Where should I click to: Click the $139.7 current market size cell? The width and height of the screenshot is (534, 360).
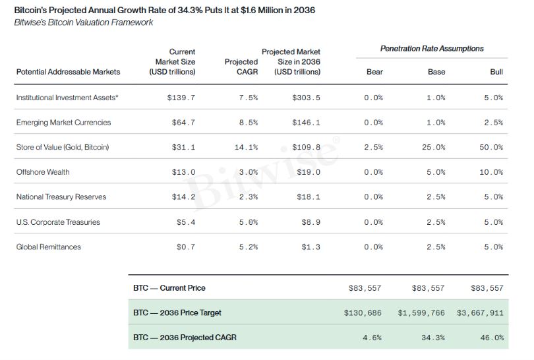pyautogui.click(x=181, y=98)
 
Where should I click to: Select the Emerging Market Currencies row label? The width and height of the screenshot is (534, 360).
pyautogui.click(x=64, y=123)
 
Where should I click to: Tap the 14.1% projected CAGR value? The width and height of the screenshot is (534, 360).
pyautogui.click(x=246, y=148)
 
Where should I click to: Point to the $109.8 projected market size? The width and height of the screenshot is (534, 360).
pyautogui.click(x=306, y=148)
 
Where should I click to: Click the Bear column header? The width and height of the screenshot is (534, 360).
pyautogui.click(x=374, y=72)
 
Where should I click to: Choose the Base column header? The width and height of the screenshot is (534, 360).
pyautogui.click(x=436, y=72)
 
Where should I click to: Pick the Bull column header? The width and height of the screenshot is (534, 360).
pyautogui.click(x=496, y=72)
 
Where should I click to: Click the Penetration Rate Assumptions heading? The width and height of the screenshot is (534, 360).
pyautogui.click(x=432, y=49)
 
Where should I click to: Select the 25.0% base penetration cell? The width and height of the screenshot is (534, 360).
pyautogui.click(x=434, y=148)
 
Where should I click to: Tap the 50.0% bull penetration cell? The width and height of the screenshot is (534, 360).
pyautogui.click(x=491, y=148)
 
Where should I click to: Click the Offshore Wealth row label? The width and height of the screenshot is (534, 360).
pyautogui.click(x=43, y=172)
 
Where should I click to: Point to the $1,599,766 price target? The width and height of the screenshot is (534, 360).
pyautogui.click(x=421, y=313)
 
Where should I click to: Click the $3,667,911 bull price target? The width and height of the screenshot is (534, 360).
pyautogui.click(x=480, y=313)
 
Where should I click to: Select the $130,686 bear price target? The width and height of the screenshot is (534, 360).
pyautogui.click(x=363, y=313)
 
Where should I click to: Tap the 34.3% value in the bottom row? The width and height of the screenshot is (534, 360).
pyautogui.click(x=433, y=338)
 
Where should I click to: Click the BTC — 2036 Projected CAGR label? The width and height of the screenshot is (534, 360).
pyautogui.click(x=185, y=338)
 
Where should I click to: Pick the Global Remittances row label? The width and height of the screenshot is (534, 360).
pyautogui.click(x=49, y=247)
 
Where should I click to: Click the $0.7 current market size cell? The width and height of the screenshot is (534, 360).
pyautogui.click(x=186, y=247)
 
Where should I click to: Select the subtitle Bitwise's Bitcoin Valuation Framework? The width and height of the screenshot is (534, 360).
pyautogui.click(x=84, y=22)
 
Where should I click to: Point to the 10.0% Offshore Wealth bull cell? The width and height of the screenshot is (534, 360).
pyautogui.click(x=491, y=172)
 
